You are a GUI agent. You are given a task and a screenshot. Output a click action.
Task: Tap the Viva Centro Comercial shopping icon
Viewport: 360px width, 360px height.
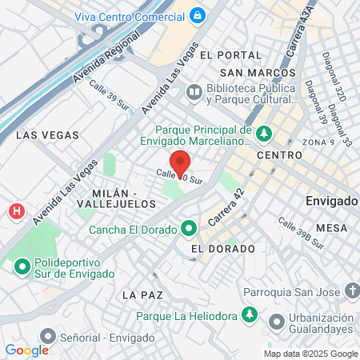(198, 15)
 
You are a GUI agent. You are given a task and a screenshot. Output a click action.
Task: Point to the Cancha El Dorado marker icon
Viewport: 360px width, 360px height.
(188, 229)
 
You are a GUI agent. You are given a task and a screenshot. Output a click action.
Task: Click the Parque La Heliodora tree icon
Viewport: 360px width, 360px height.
(250, 314)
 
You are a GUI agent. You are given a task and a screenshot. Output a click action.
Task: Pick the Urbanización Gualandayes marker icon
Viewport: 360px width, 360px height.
(277, 322)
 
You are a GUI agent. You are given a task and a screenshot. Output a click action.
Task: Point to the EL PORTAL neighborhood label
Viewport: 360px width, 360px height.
(231, 54)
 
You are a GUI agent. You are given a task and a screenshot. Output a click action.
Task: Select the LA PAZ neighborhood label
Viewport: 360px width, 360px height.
(143, 295)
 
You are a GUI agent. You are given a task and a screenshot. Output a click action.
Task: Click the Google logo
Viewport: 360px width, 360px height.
(27, 350)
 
